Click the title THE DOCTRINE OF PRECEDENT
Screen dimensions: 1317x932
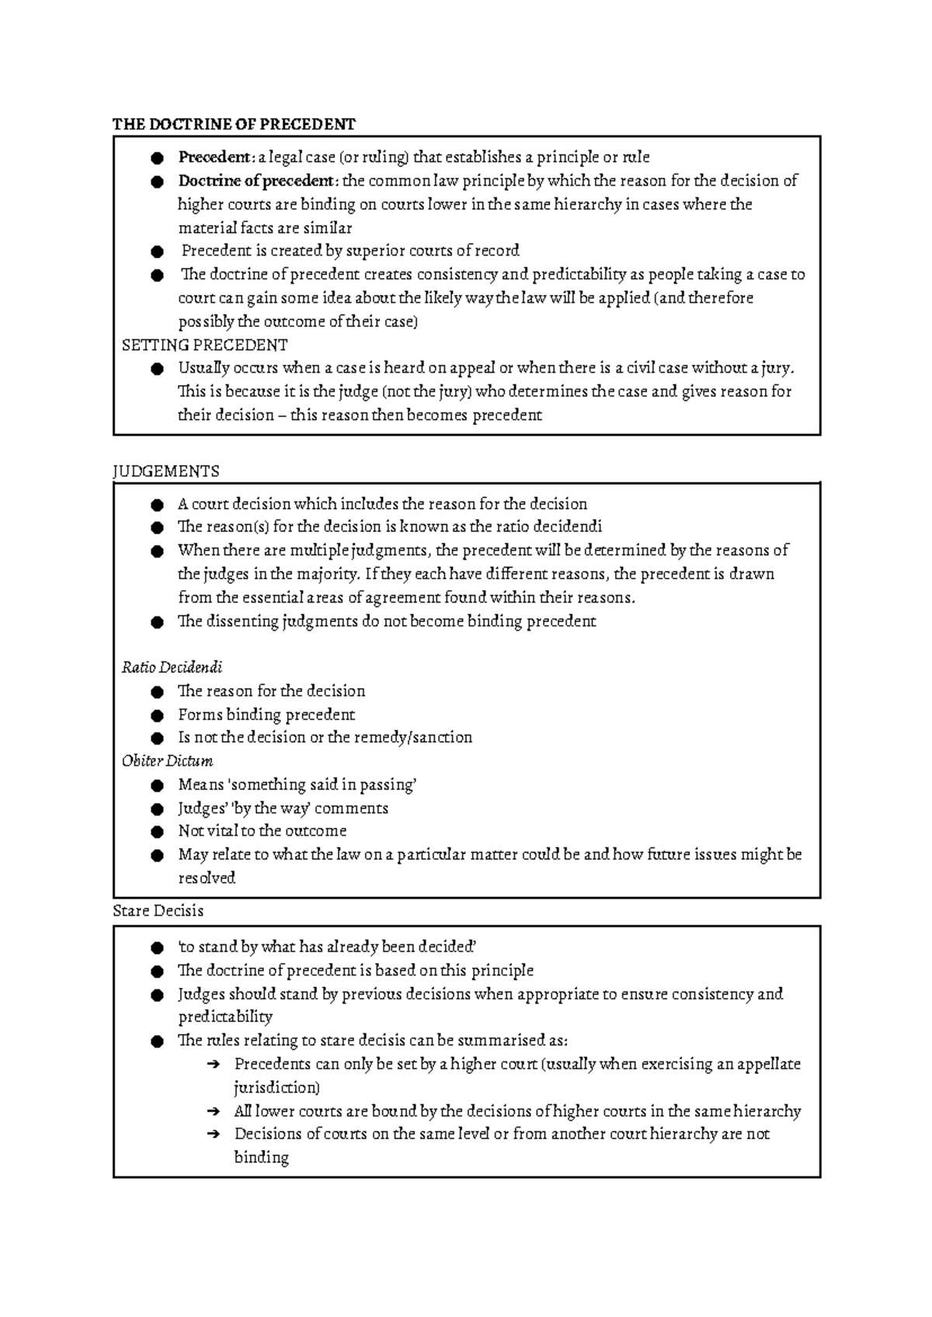pyautogui.click(x=234, y=124)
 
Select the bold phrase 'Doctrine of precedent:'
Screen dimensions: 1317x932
pyautogui.click(x=258, y=181)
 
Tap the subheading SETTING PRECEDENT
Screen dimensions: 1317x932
pyautogui.click(x=204, y=345)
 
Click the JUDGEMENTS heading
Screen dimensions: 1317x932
pyautogui.click(x=166, y=471)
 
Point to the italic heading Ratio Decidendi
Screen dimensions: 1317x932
pyautogui.click(x=172, y=667)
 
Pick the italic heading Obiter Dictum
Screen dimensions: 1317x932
pyautogui.click(x=167, y=761)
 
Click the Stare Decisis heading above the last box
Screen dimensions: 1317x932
pyautogui.click(x=158, y=910)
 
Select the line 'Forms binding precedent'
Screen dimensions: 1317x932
pyautogui.click(x=266, y=714)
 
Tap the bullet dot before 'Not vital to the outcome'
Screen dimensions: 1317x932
pyautogui.click(x=158, y=832)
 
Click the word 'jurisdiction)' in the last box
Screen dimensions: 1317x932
pyautogui.click(x=276, y=1087)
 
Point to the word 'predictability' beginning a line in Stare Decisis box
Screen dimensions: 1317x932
pyautogui.click(x=225, y=1016)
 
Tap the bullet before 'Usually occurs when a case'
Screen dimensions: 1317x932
pyautogui.click(x=158, y=369)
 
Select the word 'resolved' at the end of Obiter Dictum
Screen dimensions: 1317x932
pyautogui.click(x=207, y=878)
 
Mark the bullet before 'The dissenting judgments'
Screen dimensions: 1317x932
pyautogui.click(x=158, y=622)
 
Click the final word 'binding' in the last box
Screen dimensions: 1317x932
pyautogui.click(x=261, y=1158)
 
